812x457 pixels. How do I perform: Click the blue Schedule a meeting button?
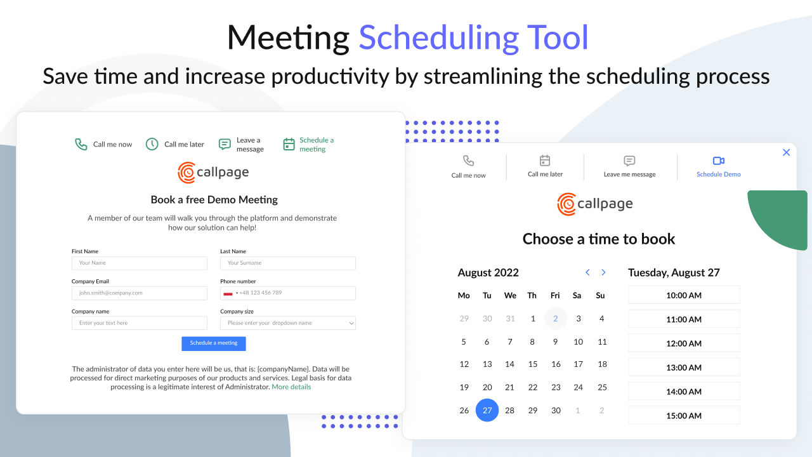(x=213, y=343)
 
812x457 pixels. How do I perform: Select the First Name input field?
(x=140, y=263)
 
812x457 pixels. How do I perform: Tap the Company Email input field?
(x=140, y=293)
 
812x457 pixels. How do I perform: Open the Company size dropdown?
(x=287, y=323)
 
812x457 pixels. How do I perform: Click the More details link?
(x=291, y=387)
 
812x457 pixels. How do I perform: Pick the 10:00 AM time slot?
(x=684, y=295)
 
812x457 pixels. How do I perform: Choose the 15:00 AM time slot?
(x=684, y=416)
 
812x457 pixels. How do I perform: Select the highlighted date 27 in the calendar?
(x=487, y=410)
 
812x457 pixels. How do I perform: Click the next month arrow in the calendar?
(x=603, y=272)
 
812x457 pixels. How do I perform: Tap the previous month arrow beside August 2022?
(x=587, y=272)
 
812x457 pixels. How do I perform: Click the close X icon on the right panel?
(x=786, y=152)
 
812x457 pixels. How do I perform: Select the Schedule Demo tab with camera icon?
(x=718, y=167)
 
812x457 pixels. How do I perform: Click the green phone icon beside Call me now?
(x=81, y=144)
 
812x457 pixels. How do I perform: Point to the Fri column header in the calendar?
(x=555, y=295)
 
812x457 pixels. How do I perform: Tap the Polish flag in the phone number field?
(x=228, y=293)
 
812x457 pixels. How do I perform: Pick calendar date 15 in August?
(x=533, y=364)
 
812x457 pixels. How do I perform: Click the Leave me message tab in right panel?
(x=629, y=167)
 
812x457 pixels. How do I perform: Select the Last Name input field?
(x=287, y=263)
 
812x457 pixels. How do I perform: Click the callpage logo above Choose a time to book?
(x=595, y=204)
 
